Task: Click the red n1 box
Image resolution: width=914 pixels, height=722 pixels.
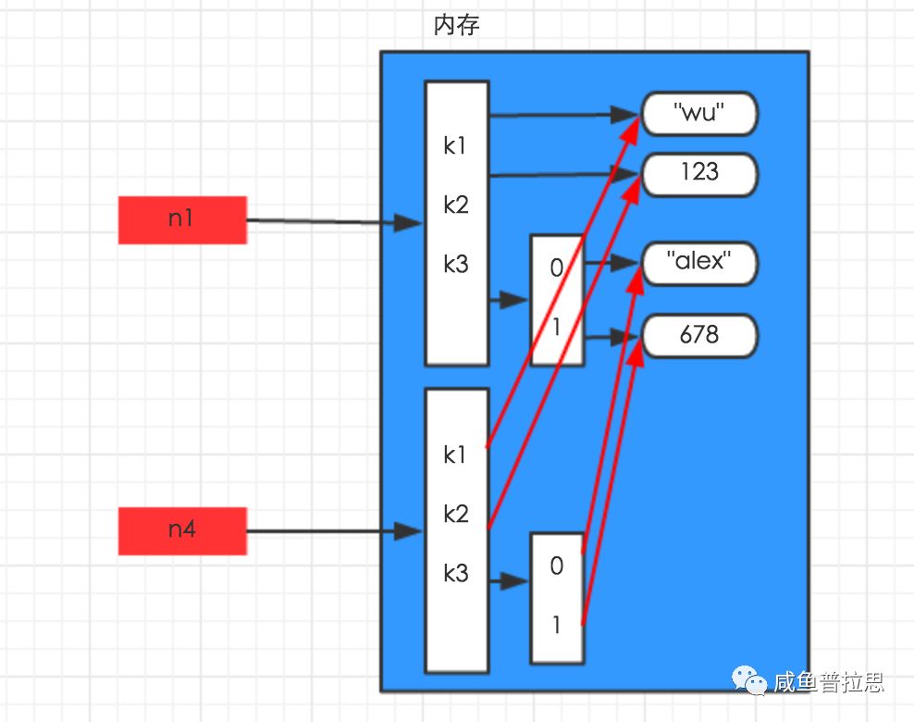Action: pyautogui.click(x=182, y=220)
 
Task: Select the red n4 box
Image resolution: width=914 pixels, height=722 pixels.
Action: pyautogui.click(x=182, y=530)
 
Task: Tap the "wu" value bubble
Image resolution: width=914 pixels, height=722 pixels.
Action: pyautogui.click(x=699, y=114)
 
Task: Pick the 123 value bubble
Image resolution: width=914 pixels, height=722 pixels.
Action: pyautogui.click(x=699, y=174)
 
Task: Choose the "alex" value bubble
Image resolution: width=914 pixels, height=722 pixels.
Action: pyautogui.click(x=699, y=263)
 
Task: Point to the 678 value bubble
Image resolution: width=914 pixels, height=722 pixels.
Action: pyautogui.click(x=699, y=335)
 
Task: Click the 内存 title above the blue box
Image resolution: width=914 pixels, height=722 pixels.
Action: pyautogui.click(x=456, y=26)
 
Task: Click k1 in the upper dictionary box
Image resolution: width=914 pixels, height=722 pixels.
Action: pyautogui.click(x=455, y=146)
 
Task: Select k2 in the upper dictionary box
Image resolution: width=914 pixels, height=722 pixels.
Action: pyautogui.click(x=455, y=205)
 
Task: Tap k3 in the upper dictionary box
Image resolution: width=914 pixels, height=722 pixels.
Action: pyautogui.click(x=455, y=265)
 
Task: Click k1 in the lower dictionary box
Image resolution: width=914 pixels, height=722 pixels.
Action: pyautogui.click(x=455, y=454)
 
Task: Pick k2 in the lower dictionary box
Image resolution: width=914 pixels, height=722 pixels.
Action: pyautogui.click(x=455, y=515)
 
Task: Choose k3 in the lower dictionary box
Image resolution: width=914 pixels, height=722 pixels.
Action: pyautogui.click(x=455, y=574)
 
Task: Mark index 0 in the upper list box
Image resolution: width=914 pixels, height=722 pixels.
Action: pyautogui.click(x=556, y=268)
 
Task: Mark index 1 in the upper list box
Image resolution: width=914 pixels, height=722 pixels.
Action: pyautogui.click(x=556, y=328)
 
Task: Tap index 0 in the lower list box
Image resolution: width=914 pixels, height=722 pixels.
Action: pyautogui.click(x=556, y=566)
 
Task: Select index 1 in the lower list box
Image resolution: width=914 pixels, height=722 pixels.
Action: pyautogui.click(x=556, y=626)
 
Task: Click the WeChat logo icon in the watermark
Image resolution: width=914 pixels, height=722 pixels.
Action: pyautogui.click(x=750, y=682)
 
